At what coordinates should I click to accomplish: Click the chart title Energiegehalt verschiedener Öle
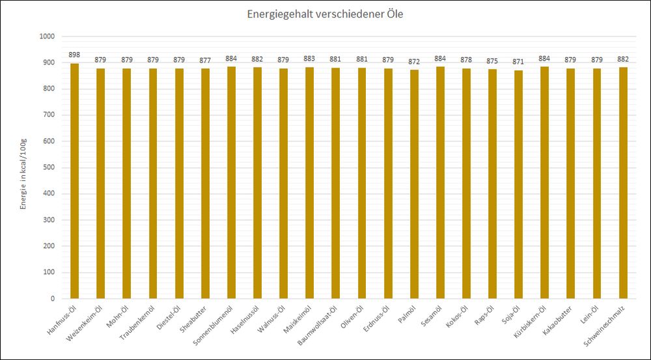point(325,14)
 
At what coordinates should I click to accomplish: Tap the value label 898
point(74,55)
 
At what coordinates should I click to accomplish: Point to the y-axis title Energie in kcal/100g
point(23,168)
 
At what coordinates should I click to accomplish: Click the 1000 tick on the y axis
point(47,36)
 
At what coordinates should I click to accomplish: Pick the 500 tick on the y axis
point(49,167)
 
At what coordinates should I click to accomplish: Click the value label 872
point(414,62)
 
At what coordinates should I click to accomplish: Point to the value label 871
point(518,62)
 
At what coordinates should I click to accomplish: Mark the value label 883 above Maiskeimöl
point(309,59)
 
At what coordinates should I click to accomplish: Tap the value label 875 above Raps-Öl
point(492,61)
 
